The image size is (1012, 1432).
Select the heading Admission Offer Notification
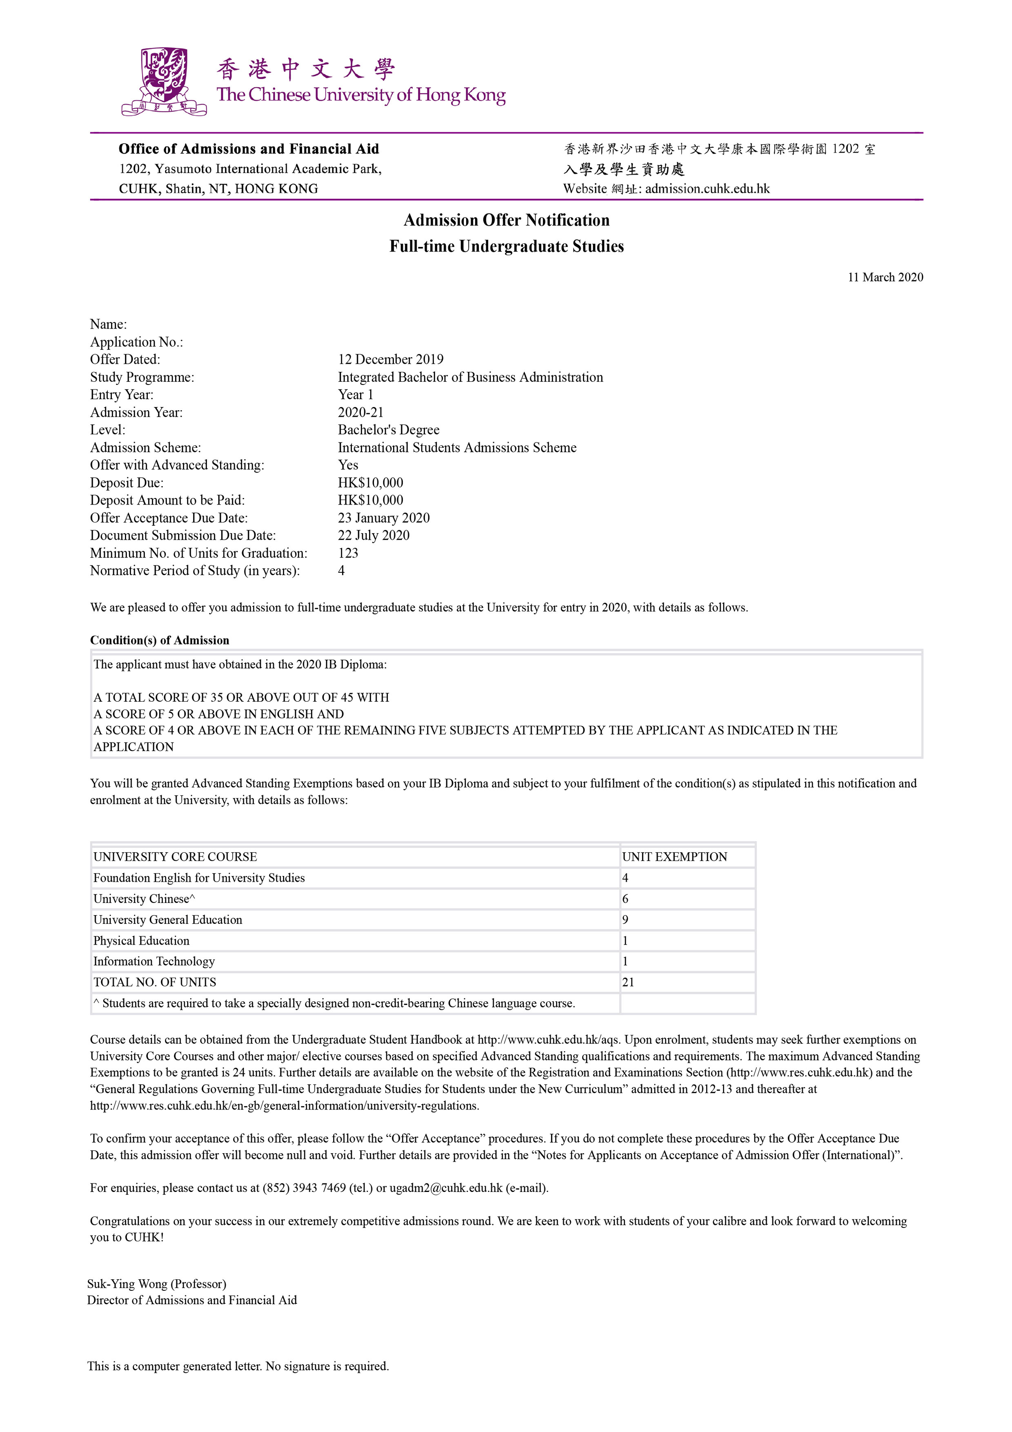tap(506, 220)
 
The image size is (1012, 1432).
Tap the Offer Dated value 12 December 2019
tap(390, 360)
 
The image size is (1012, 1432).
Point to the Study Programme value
tap(470, 377)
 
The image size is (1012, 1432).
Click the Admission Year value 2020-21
tap(360, 412)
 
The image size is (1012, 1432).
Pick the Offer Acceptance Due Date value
tap(383, 518)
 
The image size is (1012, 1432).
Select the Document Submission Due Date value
tap(374, 536)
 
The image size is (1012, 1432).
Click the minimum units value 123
tap(348, 553)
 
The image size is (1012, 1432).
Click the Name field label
tap(109, 324)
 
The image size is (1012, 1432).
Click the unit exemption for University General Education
tap(625, 920)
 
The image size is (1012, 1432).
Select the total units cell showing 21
tap(628, 982)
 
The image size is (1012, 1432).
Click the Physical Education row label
tap(141, 941)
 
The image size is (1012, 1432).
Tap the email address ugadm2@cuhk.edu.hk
tap(446, 1188)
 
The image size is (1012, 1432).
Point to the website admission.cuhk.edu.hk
tap(707, 189)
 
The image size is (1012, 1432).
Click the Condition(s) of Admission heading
tap(160, 640)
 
